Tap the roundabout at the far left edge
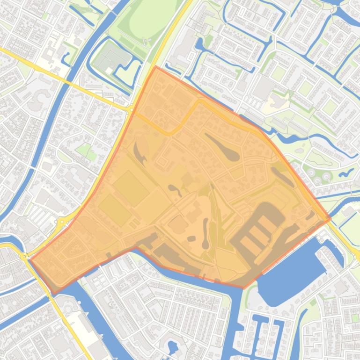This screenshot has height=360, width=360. [22, 256]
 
